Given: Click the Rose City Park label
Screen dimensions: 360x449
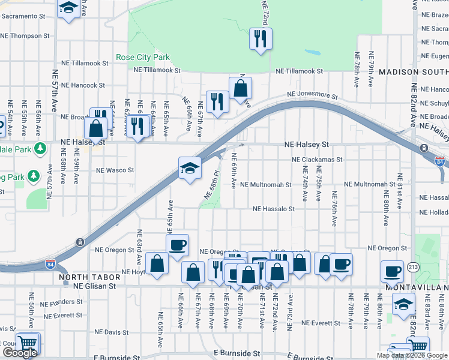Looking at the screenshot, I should [x=143, y=58].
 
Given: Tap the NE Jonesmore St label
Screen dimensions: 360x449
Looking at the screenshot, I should [x=312, y=95].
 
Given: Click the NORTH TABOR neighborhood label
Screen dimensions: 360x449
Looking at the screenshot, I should [x=83, y=278].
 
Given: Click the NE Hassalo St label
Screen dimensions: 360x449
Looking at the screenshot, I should [x=274, y=209].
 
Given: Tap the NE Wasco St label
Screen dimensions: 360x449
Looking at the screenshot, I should [x=115, y=170].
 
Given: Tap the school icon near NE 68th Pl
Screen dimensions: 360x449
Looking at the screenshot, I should [x=190, y=168].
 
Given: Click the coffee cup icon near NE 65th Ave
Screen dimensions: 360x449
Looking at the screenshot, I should [x=177, y=245].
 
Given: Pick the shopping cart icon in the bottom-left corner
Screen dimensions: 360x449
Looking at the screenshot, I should [x=28, y=343].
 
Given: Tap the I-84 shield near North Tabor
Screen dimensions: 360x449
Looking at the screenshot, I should [x=50, y=263].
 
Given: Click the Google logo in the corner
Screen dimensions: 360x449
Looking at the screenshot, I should [x=20, y=353].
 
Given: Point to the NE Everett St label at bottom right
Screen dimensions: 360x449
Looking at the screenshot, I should [x=321, y=323].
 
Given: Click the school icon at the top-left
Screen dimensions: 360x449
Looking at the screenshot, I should [x=68, y=8].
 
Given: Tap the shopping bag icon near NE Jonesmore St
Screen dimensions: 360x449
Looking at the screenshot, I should [x=240, y=89].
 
